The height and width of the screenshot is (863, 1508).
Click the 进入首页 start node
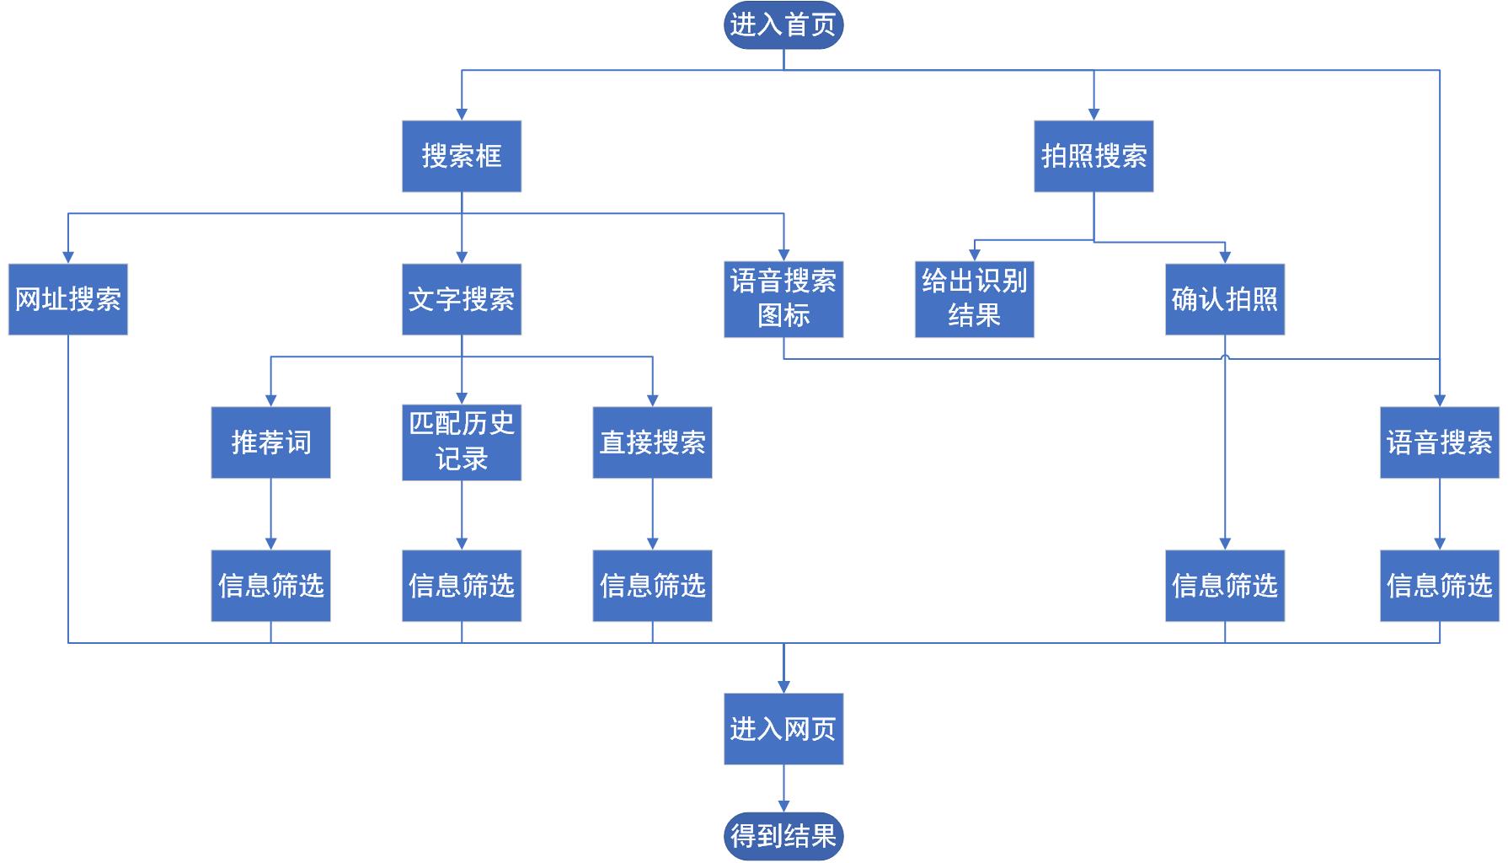[x=783, y=24]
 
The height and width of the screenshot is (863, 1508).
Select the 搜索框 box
[x=461, y=156]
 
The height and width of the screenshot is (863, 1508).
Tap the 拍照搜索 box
[x=1094, y=156]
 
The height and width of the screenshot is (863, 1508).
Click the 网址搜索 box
[x=67, y=299]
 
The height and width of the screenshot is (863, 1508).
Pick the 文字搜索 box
[x=461, y=299]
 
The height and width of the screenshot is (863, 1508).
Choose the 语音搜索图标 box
[x=783, y=299]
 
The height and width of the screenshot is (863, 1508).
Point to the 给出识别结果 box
[x=974, y=299]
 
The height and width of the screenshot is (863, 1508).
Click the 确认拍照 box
[x=1224, y=299]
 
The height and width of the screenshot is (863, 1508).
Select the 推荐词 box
[x=270, y=442]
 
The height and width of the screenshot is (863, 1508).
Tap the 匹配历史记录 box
[x=461, y=442]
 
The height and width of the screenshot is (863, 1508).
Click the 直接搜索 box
[x=652, y=442]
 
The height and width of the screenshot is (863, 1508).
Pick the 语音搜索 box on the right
[x=1439, y=442]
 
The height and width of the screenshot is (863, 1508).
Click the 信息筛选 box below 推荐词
[x=270, y=586]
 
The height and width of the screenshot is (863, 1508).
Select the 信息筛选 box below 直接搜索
[x=652, y=586]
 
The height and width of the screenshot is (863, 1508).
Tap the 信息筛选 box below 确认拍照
[x=1224, y=586]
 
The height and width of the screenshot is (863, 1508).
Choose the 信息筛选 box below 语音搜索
[x=1439, y=586]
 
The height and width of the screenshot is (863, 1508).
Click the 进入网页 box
[x=783, y=729]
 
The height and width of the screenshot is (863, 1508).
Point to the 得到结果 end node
[x=783, y=836]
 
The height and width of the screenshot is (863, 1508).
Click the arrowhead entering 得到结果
[x=783, y=807]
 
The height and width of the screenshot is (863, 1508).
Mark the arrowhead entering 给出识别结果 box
[x=975, y=255]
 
